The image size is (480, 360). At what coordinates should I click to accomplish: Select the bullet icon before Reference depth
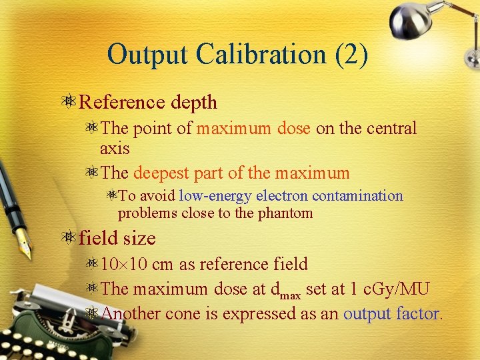[69, 102]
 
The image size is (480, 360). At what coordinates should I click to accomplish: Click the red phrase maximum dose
[253, 128]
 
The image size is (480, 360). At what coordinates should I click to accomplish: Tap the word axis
[114, 148]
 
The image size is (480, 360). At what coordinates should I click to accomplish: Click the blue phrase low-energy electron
[244, 196]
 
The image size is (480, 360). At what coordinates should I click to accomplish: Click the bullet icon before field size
[69, 238]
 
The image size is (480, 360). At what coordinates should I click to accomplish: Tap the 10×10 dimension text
[124, 264]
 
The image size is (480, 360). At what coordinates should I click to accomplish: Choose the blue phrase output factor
[391, 313]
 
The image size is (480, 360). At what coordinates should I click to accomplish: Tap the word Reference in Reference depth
[121, 102]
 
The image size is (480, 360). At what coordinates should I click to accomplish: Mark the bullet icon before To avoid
[112, 196]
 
